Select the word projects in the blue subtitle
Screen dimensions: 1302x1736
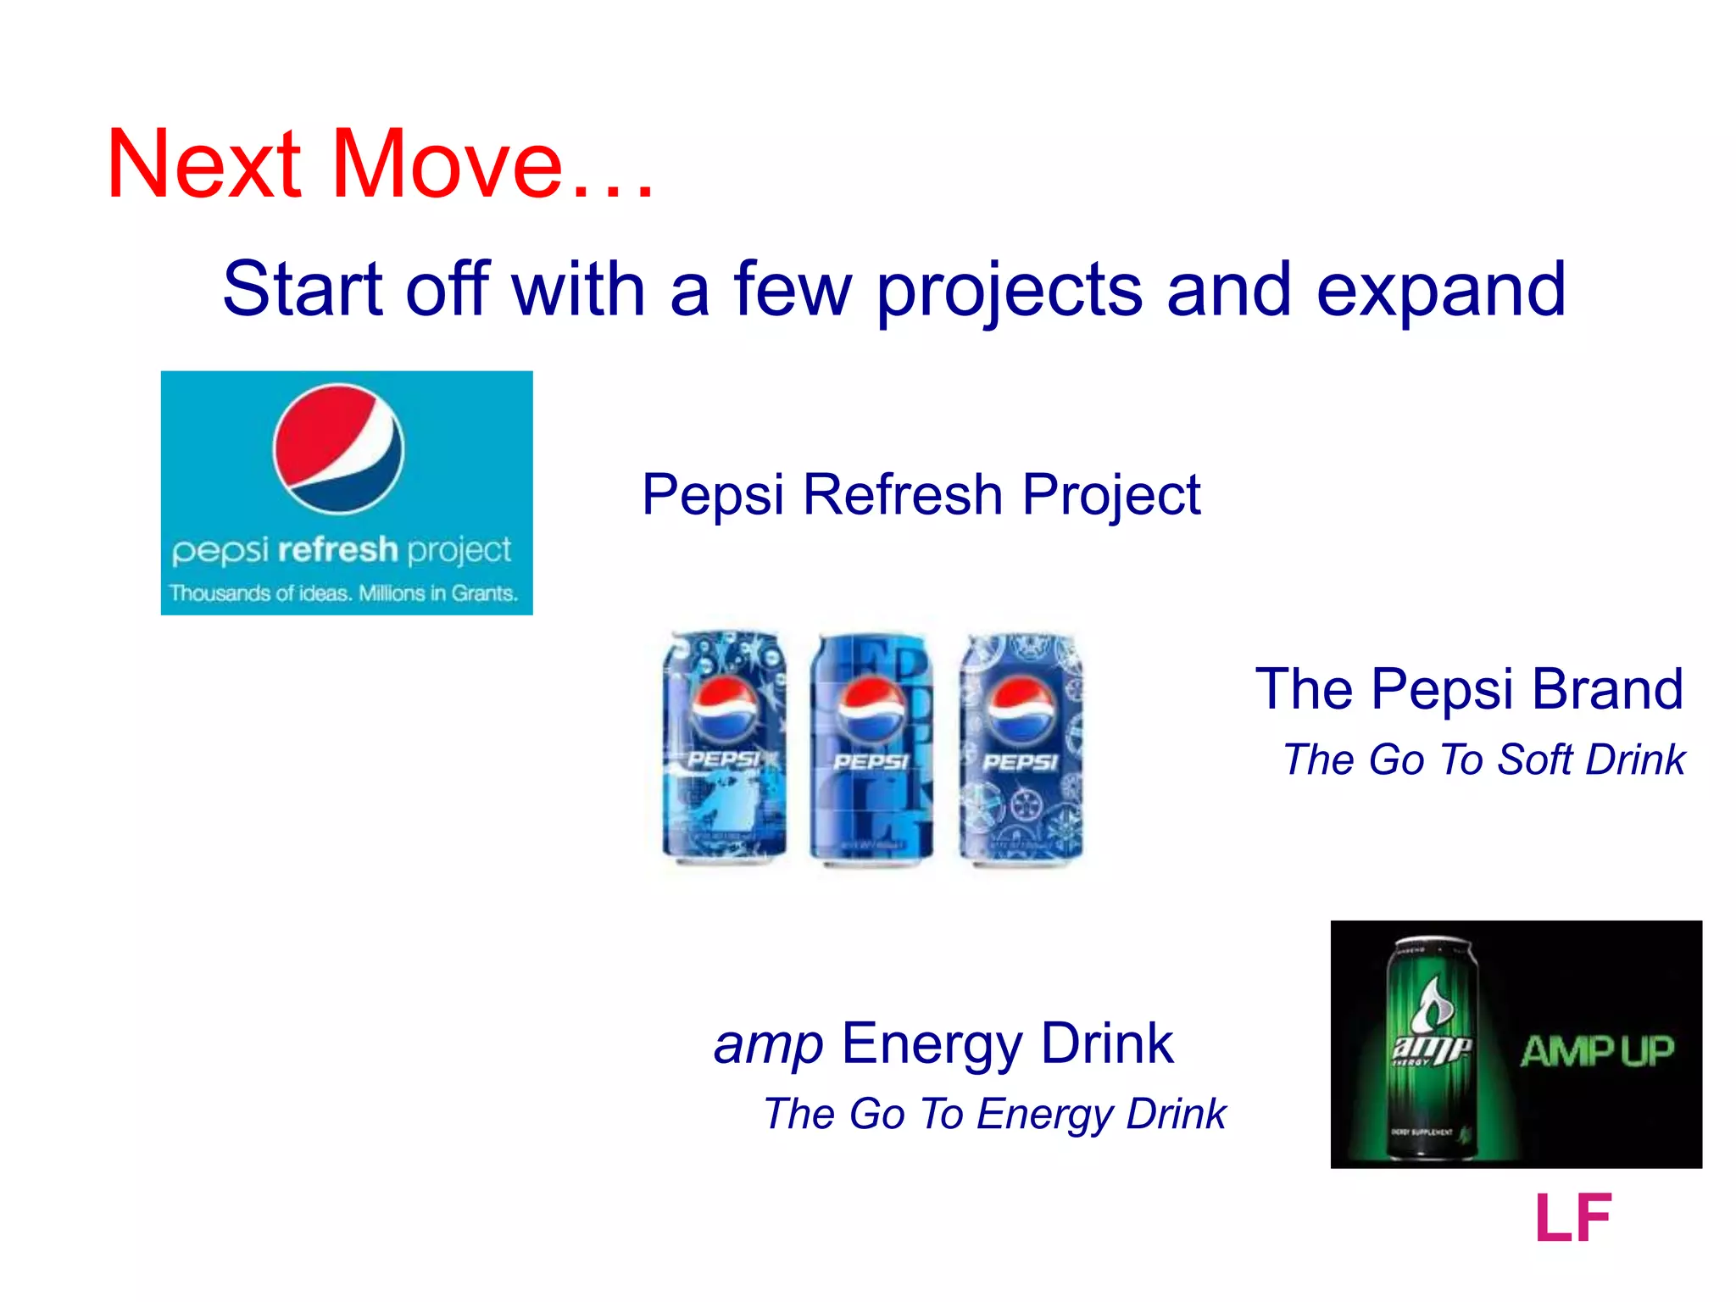click(1009, 292)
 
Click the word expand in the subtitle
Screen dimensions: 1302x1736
click(1440, 292)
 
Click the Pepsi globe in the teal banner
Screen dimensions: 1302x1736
click(338, 448)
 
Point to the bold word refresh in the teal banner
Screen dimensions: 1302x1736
click(337, 550)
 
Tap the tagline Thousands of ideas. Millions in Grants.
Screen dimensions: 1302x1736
click(342, 593)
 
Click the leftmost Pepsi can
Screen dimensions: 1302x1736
click(724, 746)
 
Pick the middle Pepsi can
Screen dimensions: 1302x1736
click(871, 746)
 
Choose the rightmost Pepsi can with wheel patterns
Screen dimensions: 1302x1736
click(1021, 746)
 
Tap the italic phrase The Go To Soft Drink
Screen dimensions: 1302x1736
click(1483, 759)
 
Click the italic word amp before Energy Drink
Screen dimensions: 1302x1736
click(768, 1044)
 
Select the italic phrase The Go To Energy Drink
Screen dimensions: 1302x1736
click(994, 1114)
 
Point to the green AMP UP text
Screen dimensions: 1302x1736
click(1597, 1052)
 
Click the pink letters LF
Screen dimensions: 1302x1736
click(1572, 1218)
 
